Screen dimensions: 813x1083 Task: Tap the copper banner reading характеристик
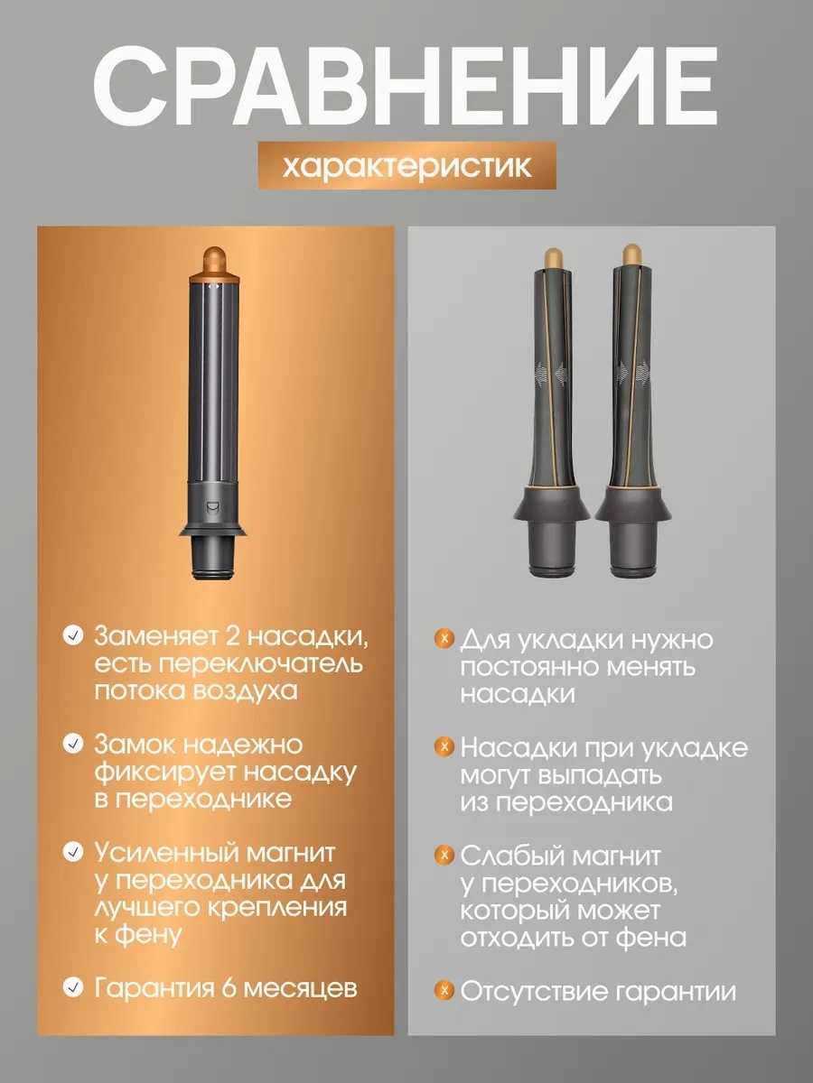(407, 165)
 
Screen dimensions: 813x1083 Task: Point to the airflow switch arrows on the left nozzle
(214, 286)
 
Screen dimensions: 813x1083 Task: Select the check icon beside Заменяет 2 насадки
(72, 635)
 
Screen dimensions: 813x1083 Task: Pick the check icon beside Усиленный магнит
(72, 853)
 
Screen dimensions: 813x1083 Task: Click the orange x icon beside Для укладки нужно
(444, 638)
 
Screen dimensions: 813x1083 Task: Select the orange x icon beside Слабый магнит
(444, 855)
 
